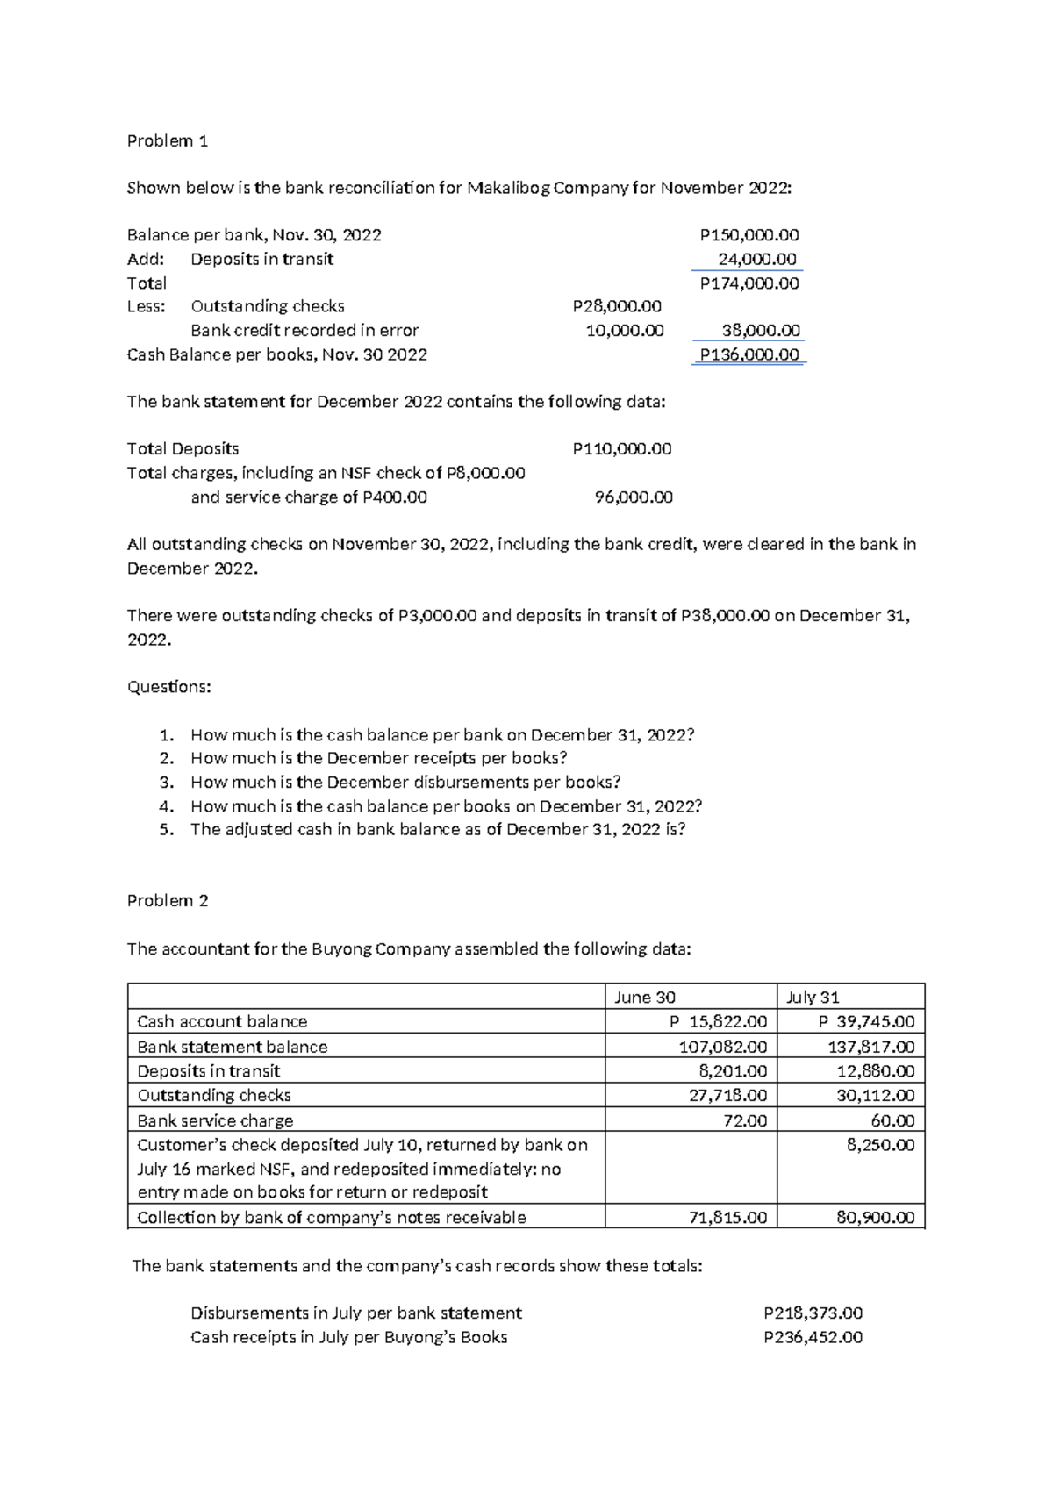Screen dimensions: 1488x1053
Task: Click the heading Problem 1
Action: [x=168, y=140]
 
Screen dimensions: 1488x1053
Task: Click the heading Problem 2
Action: [x=168, y=900]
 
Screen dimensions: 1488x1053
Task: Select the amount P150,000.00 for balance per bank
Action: [x=749, y=235]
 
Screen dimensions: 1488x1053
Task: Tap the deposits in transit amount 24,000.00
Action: [x=756, y=259]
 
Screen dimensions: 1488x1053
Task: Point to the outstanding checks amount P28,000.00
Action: [x=616, y=306]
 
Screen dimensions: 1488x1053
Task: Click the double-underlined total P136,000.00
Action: [x=749, y=354]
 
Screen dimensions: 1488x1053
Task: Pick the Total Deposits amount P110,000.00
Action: [x=621, y=449]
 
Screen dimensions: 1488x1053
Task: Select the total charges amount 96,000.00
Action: [x=634, y=497]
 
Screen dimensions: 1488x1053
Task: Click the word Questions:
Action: [x=169, y=687]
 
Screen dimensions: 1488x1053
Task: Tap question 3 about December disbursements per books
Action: [x=405, y=782]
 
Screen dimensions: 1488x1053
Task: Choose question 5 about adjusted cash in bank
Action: [x=437, y=829]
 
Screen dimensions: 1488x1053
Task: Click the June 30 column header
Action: [x=645, y=997]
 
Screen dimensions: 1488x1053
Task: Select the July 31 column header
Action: [x=813, y=997]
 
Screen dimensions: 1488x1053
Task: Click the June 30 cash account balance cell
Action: [x=718, y=1021]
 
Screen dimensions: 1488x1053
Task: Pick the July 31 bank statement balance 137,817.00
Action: [x=870, y=1047]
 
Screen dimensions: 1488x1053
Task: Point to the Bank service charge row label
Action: [x=215, y=1120]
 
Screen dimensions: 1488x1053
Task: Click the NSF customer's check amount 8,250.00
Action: [x=880, y=1145]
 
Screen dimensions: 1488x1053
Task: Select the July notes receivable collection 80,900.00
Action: [x=875, y=1217]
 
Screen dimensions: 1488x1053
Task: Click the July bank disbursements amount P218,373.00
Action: [x=813, y=1313]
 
